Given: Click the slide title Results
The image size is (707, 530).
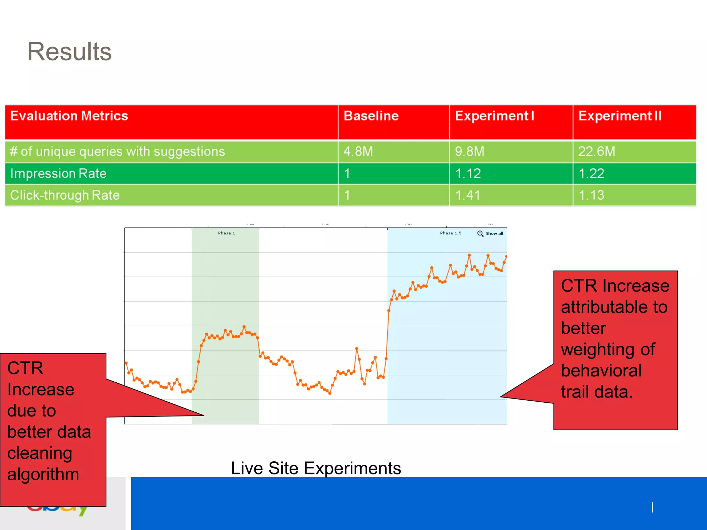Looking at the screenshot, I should click(69, 52).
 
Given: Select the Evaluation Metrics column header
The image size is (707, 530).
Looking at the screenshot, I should click(69, 116).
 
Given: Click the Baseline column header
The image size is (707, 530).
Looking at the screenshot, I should click(371, 116).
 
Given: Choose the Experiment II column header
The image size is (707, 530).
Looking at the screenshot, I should click(620, 116).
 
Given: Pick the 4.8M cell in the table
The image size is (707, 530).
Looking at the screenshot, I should click(358, 151).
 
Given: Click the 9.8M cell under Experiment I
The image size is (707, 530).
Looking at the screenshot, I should click(469, 151).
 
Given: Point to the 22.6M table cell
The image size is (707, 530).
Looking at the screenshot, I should click(597, 151).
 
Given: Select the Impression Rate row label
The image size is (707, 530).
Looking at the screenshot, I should click(58, 174).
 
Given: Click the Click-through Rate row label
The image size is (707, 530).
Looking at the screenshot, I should click(65, 195).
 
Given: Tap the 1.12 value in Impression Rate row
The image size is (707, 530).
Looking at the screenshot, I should click(468, 174).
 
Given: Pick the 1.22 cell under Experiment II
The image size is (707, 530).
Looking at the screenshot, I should click(591, 174).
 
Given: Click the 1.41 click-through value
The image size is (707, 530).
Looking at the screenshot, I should click(468, 195).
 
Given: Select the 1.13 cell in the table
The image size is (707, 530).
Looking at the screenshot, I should click(591, 195).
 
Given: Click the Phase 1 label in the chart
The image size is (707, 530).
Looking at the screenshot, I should click(226, 233).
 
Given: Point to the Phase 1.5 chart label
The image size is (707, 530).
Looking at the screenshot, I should click(451, 233).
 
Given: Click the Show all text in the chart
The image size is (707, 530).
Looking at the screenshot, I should click(494, 234).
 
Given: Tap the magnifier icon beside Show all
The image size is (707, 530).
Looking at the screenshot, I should click(480, 234).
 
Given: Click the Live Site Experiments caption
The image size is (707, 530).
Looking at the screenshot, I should click(316, 468).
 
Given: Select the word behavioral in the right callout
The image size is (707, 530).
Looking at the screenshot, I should click(601, 371).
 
